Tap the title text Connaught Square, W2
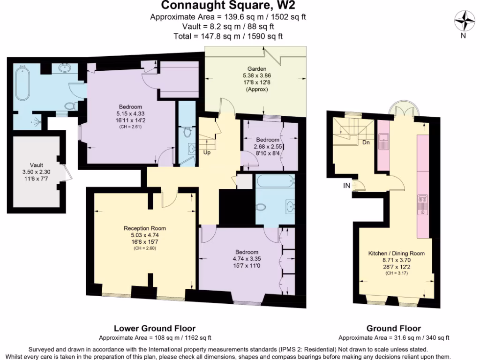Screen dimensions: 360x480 tap(228, 6)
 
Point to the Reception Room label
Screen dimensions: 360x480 tap(144, 228)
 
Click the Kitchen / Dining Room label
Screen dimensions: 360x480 tap(396, 253)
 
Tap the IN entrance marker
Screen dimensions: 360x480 tap(346, 186)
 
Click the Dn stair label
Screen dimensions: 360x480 tap(366, 142)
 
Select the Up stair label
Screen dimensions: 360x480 tap(207, 152)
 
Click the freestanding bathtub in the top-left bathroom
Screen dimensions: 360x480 tap(22, 84)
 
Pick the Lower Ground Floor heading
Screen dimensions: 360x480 tap(155, 329)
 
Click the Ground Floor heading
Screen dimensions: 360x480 tap(393, 329)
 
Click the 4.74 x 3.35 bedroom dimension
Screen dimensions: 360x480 tap(245, 258)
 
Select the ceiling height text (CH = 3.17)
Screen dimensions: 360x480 tap(396, 273)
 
